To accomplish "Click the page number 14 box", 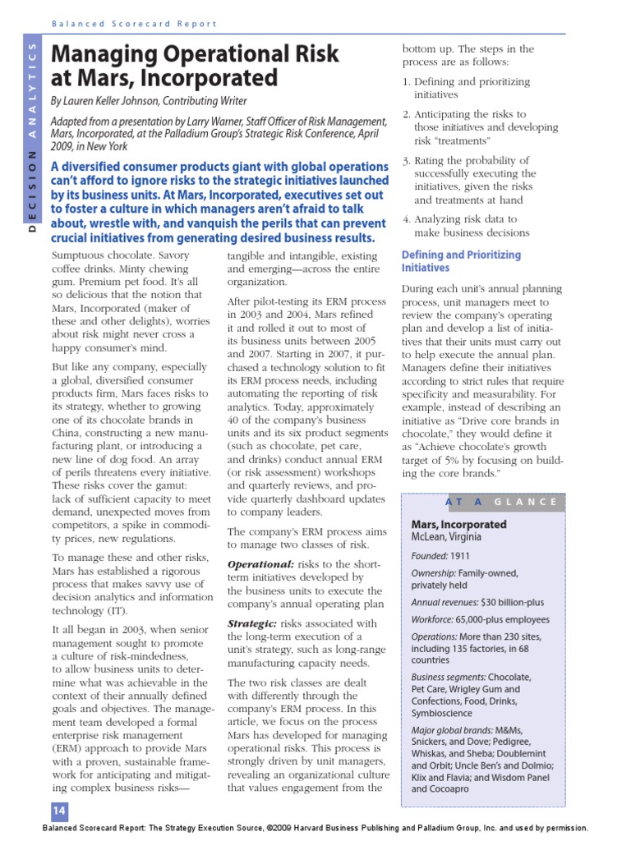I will tap(58, 811).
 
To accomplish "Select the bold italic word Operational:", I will tap(260, 564).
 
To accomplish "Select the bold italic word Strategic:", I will tap(256, 624).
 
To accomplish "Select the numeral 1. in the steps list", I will tap(406, 82).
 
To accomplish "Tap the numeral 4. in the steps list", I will tap(406, 219).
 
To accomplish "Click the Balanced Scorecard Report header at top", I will tap(134, 24).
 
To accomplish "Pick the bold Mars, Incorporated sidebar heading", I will tap(458, 524).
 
